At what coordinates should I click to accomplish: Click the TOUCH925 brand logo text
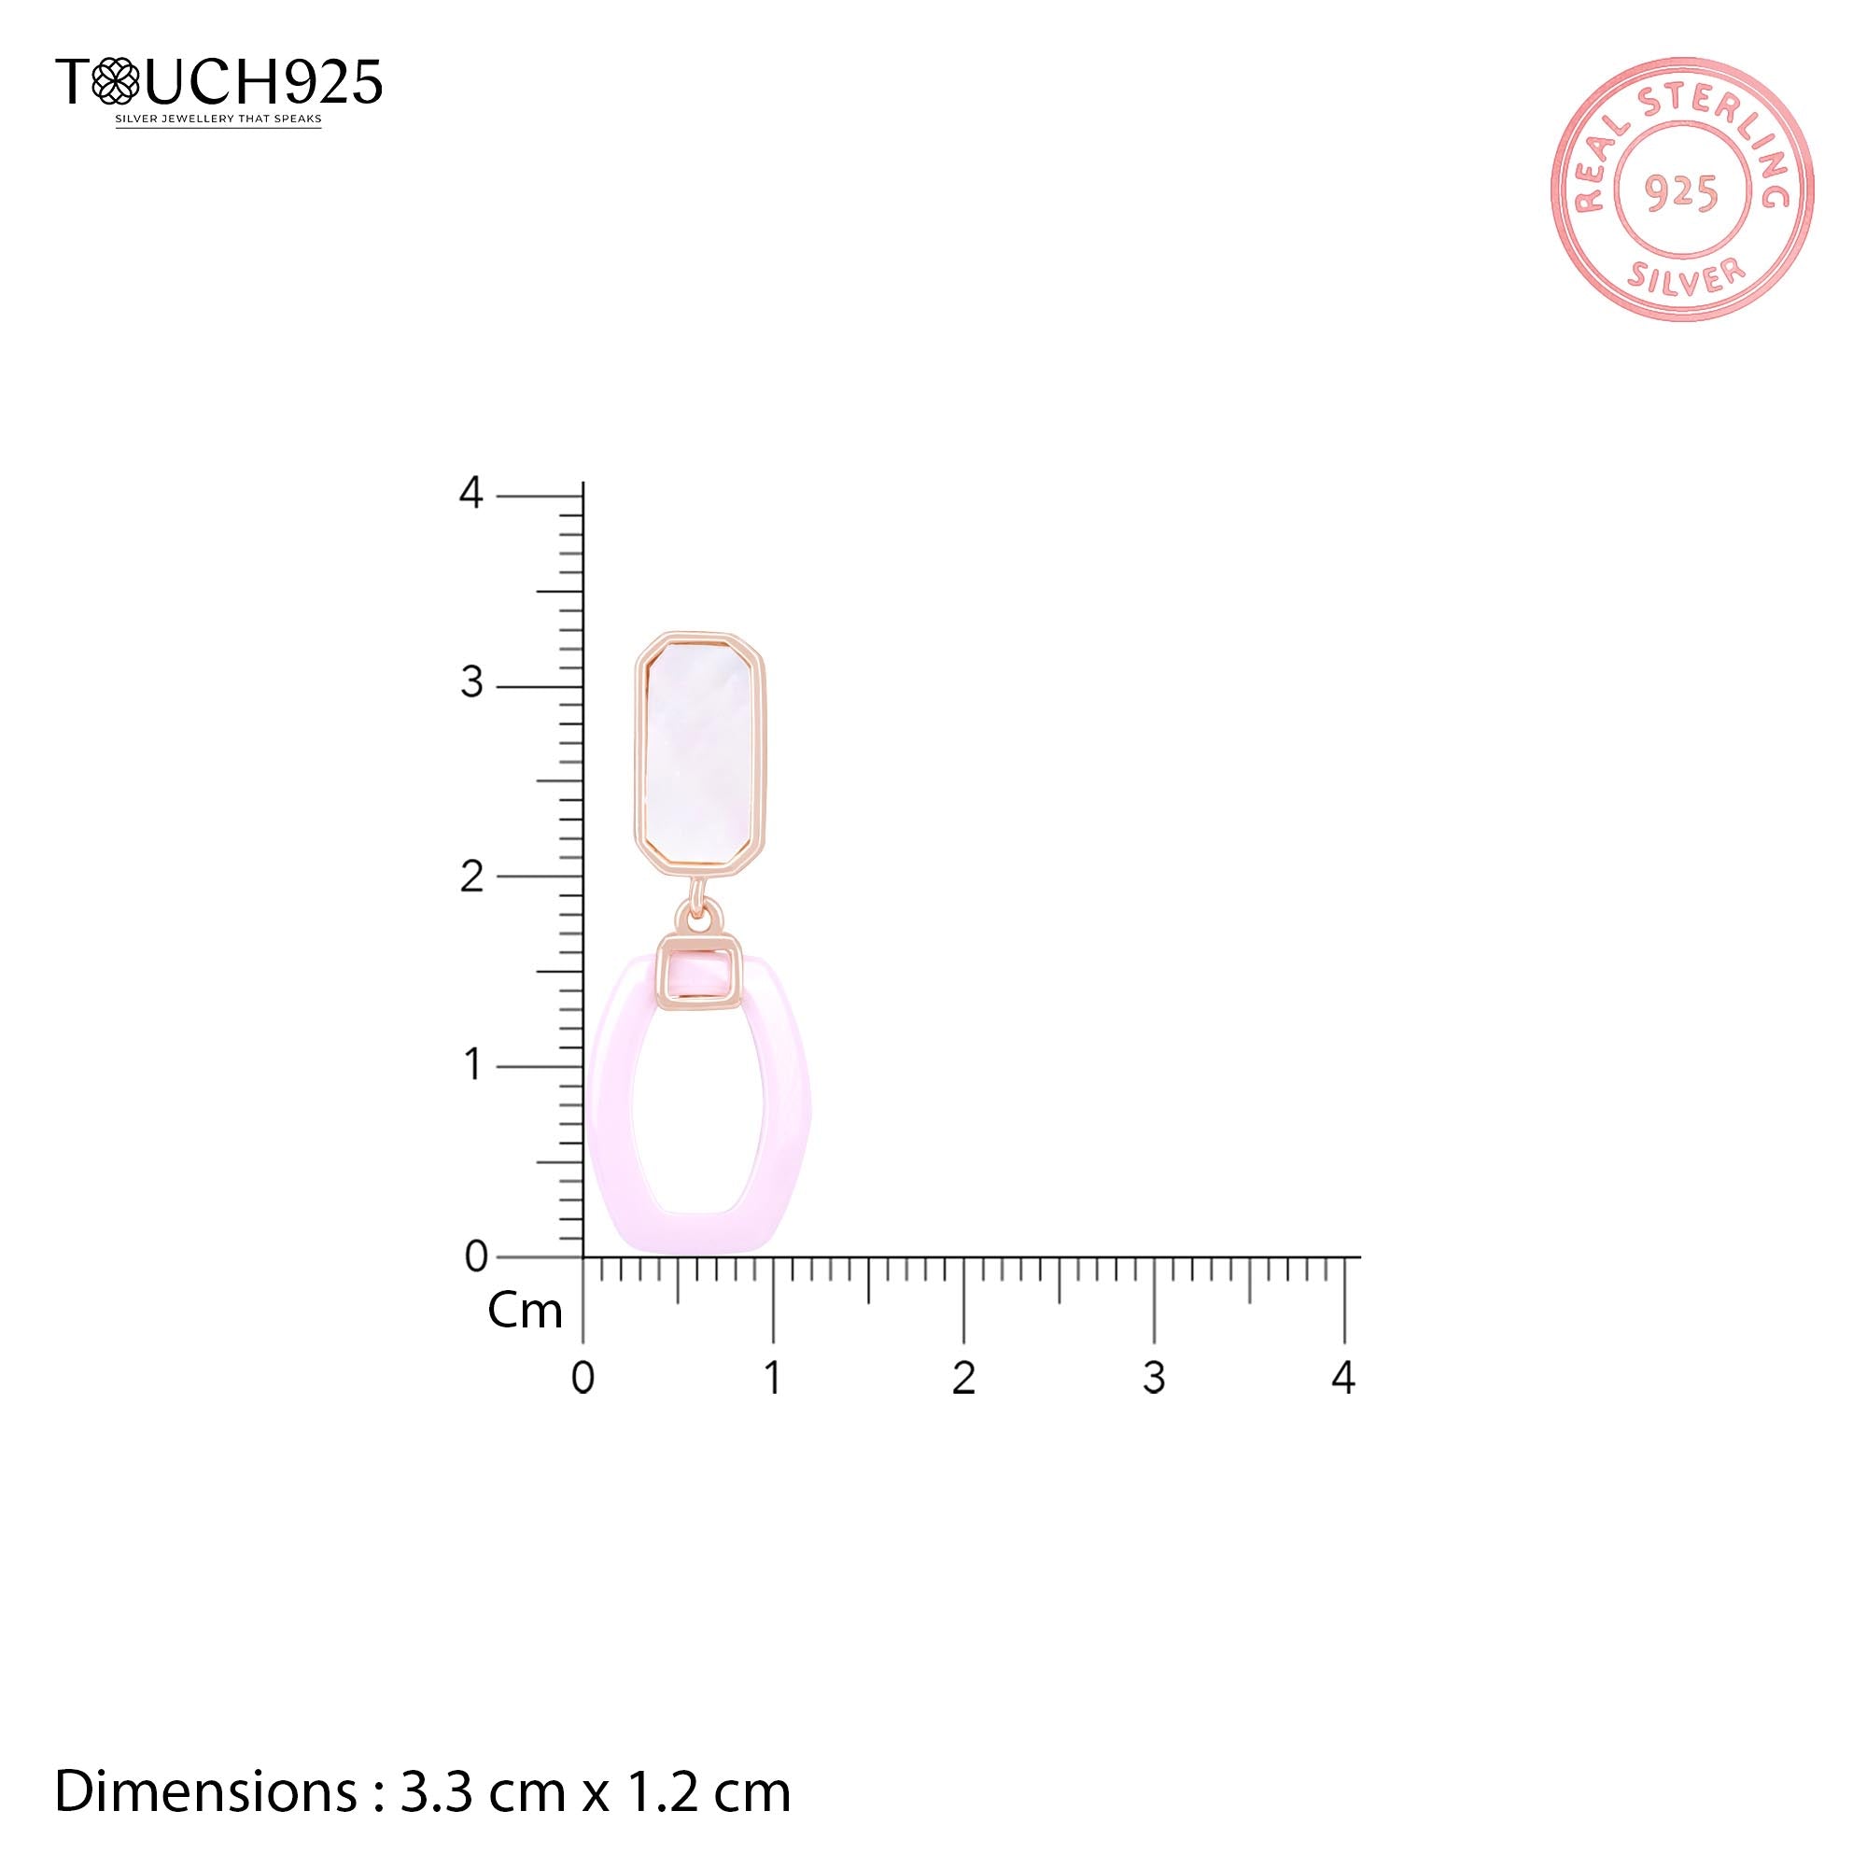click(x=219, y=81)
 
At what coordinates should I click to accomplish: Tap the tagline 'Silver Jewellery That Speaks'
click(x=218, y=119)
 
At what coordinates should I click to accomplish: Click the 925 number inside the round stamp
click(x=1681, y=193)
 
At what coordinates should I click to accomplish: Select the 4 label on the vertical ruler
click(x=470, y=494)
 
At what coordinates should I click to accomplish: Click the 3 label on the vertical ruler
click(x=470, y=684)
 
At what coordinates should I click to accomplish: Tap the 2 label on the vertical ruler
click(x=470, y=876)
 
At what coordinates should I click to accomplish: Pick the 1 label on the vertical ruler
click(x=472, y=1065)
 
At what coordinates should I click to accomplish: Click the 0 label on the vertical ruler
click(x=475, y=1256)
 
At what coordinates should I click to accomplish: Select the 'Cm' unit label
click(x=525, y=1311)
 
